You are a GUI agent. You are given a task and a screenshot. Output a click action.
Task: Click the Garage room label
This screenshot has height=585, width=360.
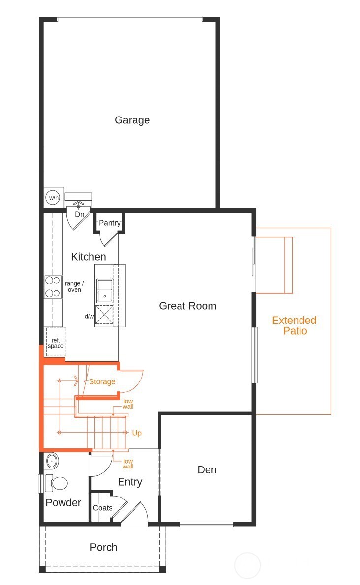tap(132, 120)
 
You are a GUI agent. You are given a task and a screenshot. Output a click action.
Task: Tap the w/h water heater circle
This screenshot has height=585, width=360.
tap(53, 198)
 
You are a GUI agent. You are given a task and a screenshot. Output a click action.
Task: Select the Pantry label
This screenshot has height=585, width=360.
tap(109, 223)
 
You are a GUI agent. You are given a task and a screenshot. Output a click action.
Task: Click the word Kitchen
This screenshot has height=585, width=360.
tap(89, 257)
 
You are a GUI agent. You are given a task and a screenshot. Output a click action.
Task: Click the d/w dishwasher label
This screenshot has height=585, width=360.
tap(89, 316)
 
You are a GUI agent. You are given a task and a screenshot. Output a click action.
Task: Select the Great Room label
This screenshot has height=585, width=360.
tap(187, 306)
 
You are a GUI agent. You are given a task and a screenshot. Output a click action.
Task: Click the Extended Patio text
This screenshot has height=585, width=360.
tap(294, 325)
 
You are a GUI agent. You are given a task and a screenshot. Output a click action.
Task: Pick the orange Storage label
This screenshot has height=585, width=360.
tap(102, 381)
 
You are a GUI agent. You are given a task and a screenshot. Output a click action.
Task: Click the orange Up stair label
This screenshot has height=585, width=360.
tap(137, 433)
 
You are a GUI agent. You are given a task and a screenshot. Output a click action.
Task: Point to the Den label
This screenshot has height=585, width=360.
tap(207, 470)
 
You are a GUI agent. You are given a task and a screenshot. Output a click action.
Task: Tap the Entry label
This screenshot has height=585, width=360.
tap(130, 482)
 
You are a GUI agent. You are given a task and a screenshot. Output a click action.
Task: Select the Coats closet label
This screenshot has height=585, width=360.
tap(102, 508)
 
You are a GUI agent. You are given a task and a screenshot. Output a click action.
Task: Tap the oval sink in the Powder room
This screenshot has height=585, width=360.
tap(51, 461)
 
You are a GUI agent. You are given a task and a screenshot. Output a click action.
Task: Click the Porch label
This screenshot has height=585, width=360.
tap(103, 547)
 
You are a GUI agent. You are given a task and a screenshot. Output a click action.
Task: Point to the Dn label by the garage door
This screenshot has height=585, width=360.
tap(79, 215)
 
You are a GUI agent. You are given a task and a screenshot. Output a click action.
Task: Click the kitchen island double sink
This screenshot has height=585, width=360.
tap(104, 290)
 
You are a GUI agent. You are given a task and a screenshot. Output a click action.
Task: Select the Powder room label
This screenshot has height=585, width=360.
tap(63, 503)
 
